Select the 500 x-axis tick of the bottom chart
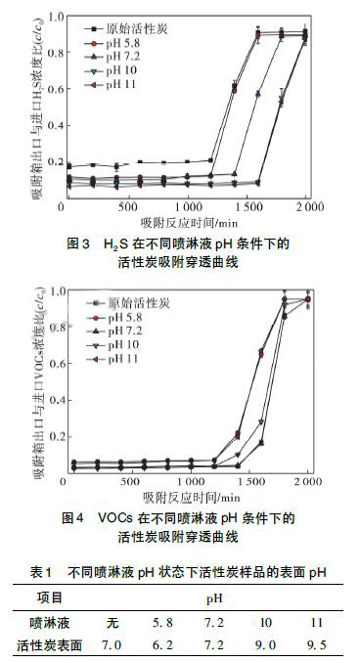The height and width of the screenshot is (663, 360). (123, 484)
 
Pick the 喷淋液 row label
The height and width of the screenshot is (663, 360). (46, 621)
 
